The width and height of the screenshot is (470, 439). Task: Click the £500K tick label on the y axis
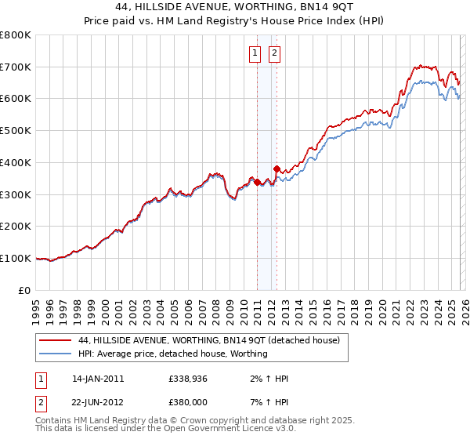tap(16, 130)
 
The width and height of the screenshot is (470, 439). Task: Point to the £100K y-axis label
tap(16, 258)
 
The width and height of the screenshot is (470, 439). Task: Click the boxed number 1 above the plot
tap(255, 54)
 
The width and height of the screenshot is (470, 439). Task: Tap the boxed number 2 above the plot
tap(276, 54)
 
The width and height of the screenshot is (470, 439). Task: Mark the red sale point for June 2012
tap(277, 169)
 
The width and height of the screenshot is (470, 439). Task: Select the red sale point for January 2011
tap(257, 182)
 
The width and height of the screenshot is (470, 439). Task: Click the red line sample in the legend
tap(56, 341)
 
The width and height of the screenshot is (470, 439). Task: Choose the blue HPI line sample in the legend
tap(56, 354)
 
